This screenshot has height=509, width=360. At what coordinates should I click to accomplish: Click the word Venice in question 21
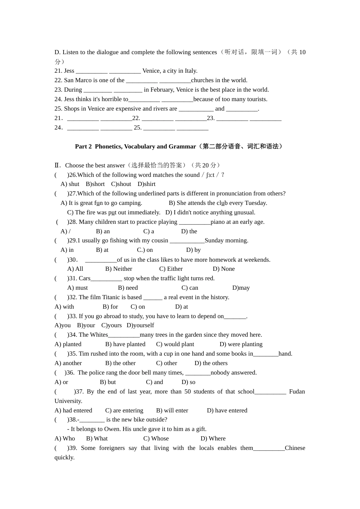pyautogui.click(x=151, y=71)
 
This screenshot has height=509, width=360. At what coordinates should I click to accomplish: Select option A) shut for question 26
pyautogui.click(x=70, y=184)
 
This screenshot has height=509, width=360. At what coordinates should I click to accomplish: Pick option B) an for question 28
pyautogui.click(x=103, y=231)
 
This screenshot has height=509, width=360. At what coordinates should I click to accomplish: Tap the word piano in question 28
pyautogui.click(x=218, y=222)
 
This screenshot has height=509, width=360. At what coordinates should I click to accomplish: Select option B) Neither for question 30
pyautogui.click(x=119, y=269)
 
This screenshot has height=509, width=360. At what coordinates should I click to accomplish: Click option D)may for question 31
pyautogui.click(x=241, y=288)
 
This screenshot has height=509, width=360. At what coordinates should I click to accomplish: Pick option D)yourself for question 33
pyautogui.click(x=140, y=325)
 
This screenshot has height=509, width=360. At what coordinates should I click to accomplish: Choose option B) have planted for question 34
pyautogui.click(x=125, y=344)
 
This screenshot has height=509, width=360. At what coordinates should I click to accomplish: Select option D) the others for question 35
pyautogui.click(x=211, y=363)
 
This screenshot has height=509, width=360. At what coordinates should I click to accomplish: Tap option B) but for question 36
pyautogui.click(x=108, y=382)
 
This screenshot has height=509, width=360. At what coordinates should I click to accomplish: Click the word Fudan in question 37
pyautogui.click(x=297, y=392)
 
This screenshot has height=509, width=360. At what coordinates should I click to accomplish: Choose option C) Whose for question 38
pyautogui.click(x=156, y=439)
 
